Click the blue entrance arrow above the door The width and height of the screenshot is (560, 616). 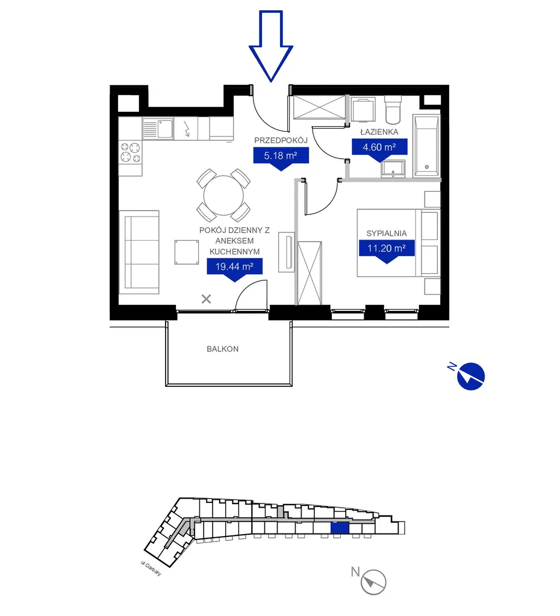click(270, 46)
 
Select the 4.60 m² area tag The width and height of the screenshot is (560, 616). click(379, 150)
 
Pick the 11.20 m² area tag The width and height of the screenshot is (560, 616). click(387, 251)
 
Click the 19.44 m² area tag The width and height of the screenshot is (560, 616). click(235, 269)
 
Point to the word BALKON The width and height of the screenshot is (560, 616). click(223, 349)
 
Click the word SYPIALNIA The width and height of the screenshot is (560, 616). click(387, 233)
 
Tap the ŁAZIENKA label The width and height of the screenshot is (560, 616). click(379, 132)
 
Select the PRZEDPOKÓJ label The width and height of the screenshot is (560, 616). click(281, 140)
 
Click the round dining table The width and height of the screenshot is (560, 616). click(223, 196)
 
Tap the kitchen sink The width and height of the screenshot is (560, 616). click(158, 129)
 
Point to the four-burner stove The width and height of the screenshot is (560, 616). click(131, 152)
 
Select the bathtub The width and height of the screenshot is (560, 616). click(427, 146)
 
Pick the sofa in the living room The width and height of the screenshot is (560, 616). click(139, 252)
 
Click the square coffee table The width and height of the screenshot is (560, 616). click(187, 252)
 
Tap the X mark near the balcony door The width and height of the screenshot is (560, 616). click(206, 299)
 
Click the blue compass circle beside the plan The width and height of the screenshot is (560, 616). click(471, 377)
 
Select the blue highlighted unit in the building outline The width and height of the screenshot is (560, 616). click(340, 528)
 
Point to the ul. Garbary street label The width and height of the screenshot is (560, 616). click(151, 568)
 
